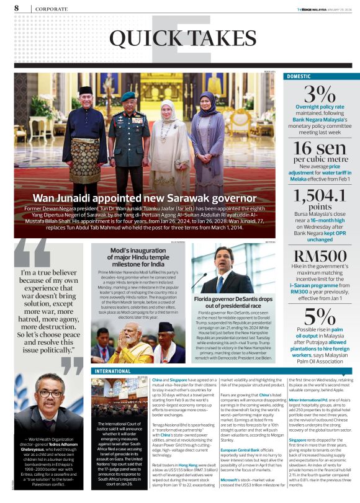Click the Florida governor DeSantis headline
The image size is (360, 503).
[x=233, y=302]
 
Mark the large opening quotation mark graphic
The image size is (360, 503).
[x=31, y=252]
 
